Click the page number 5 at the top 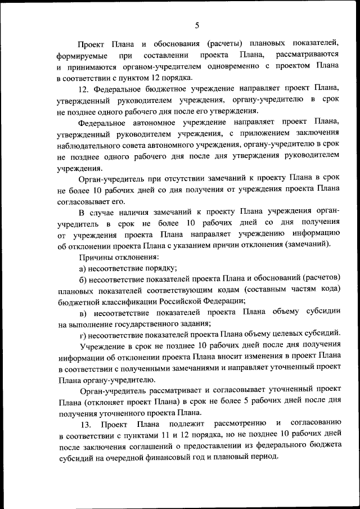(197, 24)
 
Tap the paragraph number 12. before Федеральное (84, 89)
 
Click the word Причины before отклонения (96, 258)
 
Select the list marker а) (83, 268)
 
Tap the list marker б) (83, 279)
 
